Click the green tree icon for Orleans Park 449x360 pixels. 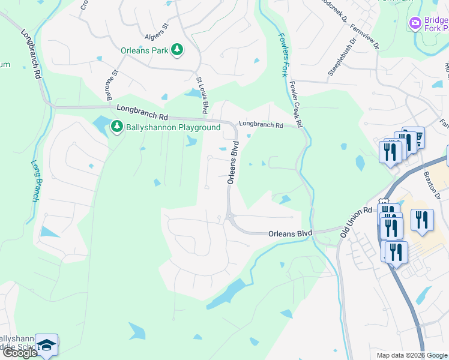coord(177,50)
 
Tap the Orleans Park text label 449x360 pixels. coord(144,51)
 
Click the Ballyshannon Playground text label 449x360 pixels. coord(173,128)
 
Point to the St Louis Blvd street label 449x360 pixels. coord(202,95)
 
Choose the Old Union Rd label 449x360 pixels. coord(356,222)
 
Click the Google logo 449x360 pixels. coord(20,353)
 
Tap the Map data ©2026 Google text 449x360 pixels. coord(412,355)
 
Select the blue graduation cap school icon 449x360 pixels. coord(46,345)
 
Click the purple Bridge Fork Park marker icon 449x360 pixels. coord(414,23)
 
